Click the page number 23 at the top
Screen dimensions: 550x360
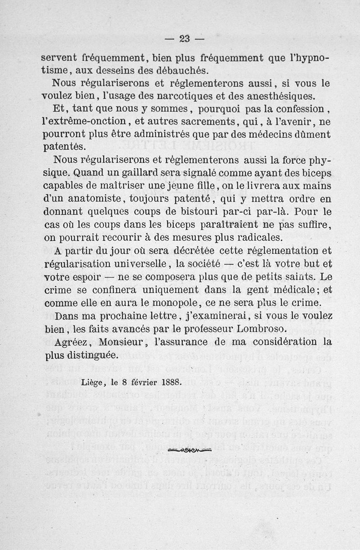click(x=184, y=39)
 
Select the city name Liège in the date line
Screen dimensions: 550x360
click(x=93, y=383)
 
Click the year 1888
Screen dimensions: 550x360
click(x=171, y=383)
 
